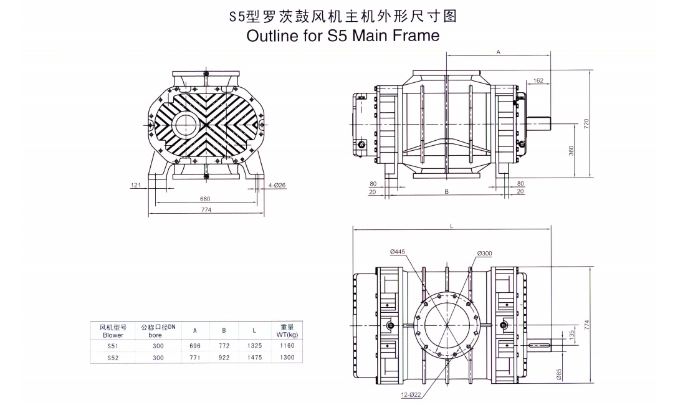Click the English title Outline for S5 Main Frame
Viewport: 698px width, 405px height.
(x=343, y=35)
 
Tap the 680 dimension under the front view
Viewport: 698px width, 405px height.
(x=205, y=199)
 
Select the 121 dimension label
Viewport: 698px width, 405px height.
(x=135, y=186)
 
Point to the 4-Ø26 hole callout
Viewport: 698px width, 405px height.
(x=277, y=186)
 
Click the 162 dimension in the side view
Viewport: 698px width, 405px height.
(x=538, y=80)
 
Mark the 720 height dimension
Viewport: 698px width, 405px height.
(x=586, y=123)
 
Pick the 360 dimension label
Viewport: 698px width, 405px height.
(x=571, y=151)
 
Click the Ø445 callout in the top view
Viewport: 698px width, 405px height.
(x=398, y=252)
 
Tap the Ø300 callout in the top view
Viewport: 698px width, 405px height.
(x=484, y=253)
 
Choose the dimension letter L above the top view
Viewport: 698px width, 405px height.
(x=451, y=227)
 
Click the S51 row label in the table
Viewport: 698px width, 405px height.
(x=112, y=345)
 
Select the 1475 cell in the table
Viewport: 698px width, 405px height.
(x=254, y=358)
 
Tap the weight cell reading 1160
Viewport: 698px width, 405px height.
(x=288, y=345)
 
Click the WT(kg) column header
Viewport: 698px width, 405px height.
(x=288, y=335)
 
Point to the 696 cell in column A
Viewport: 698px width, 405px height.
(x=194, y=345)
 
